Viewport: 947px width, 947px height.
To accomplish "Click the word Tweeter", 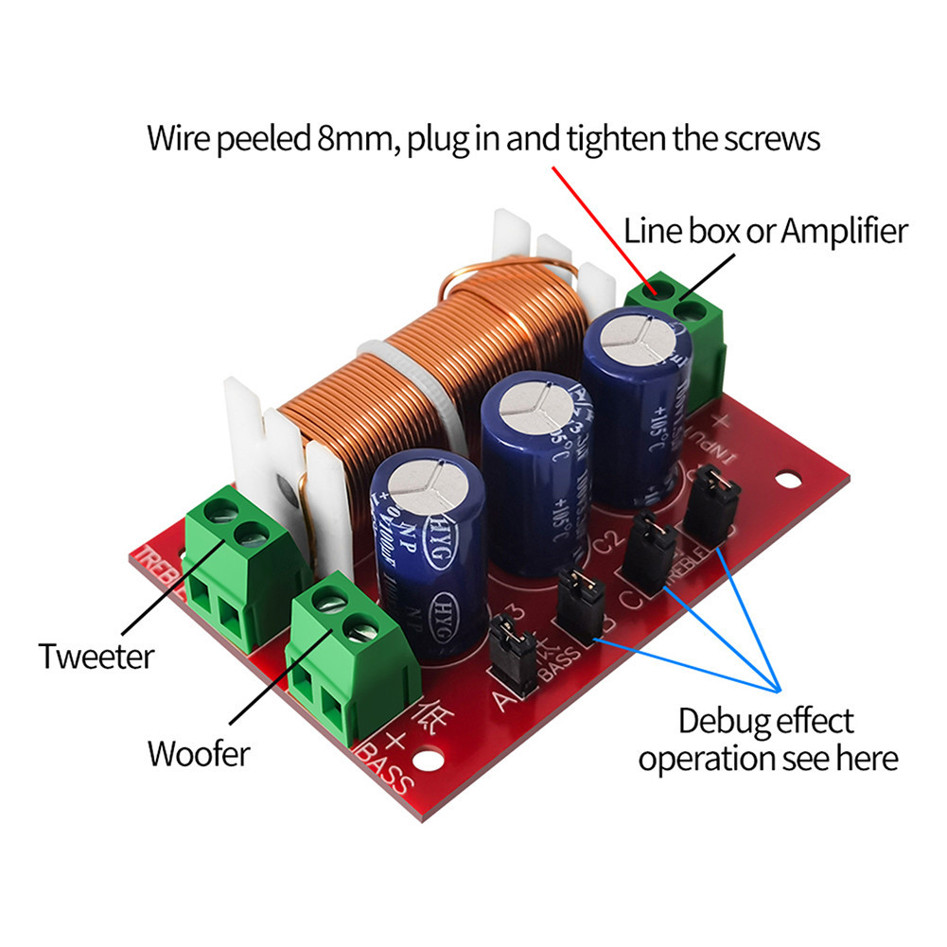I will click(x=96, y=656).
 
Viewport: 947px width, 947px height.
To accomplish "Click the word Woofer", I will click(x=198, y=754).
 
